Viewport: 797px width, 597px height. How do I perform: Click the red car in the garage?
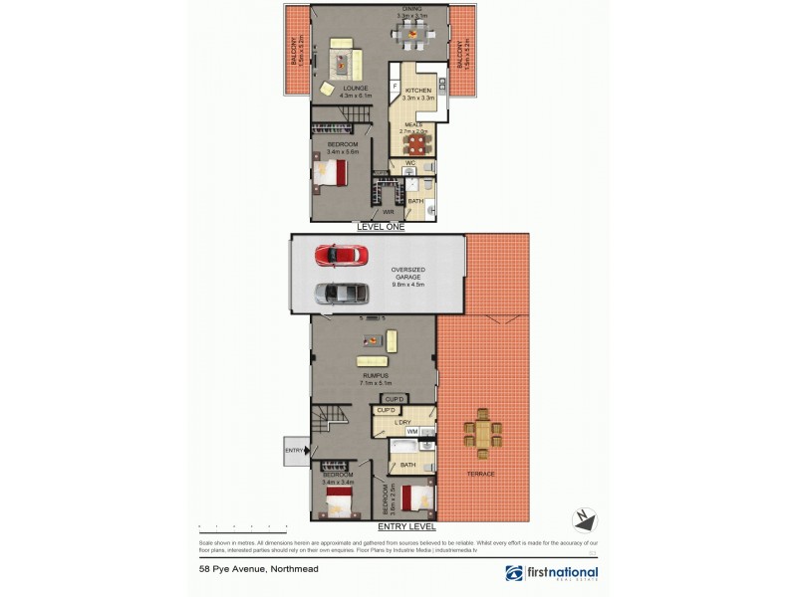click(x=339, y=256)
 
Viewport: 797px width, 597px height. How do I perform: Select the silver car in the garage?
click(x=339, y=294)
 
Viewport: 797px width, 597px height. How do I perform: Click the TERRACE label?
click(x=481, y=474)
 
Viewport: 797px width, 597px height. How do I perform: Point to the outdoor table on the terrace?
click(x=483, y=434)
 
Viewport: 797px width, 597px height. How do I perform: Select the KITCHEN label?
click(x=417, y=91)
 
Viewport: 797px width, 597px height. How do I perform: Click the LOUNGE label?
click(x=356, y=88)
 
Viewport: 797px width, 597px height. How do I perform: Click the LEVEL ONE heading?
click(x=381, y=228)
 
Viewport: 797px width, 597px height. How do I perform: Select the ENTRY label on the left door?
click(x=294, y=450)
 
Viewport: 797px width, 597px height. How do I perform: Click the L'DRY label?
click(x=402, y=423)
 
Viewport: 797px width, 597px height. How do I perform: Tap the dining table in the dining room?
click(x=411, y=34)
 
